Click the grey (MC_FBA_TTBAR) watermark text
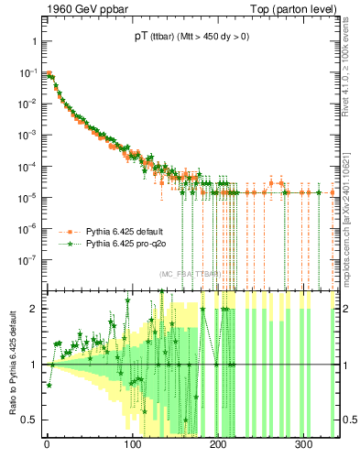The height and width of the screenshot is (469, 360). (x=189, y=274)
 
